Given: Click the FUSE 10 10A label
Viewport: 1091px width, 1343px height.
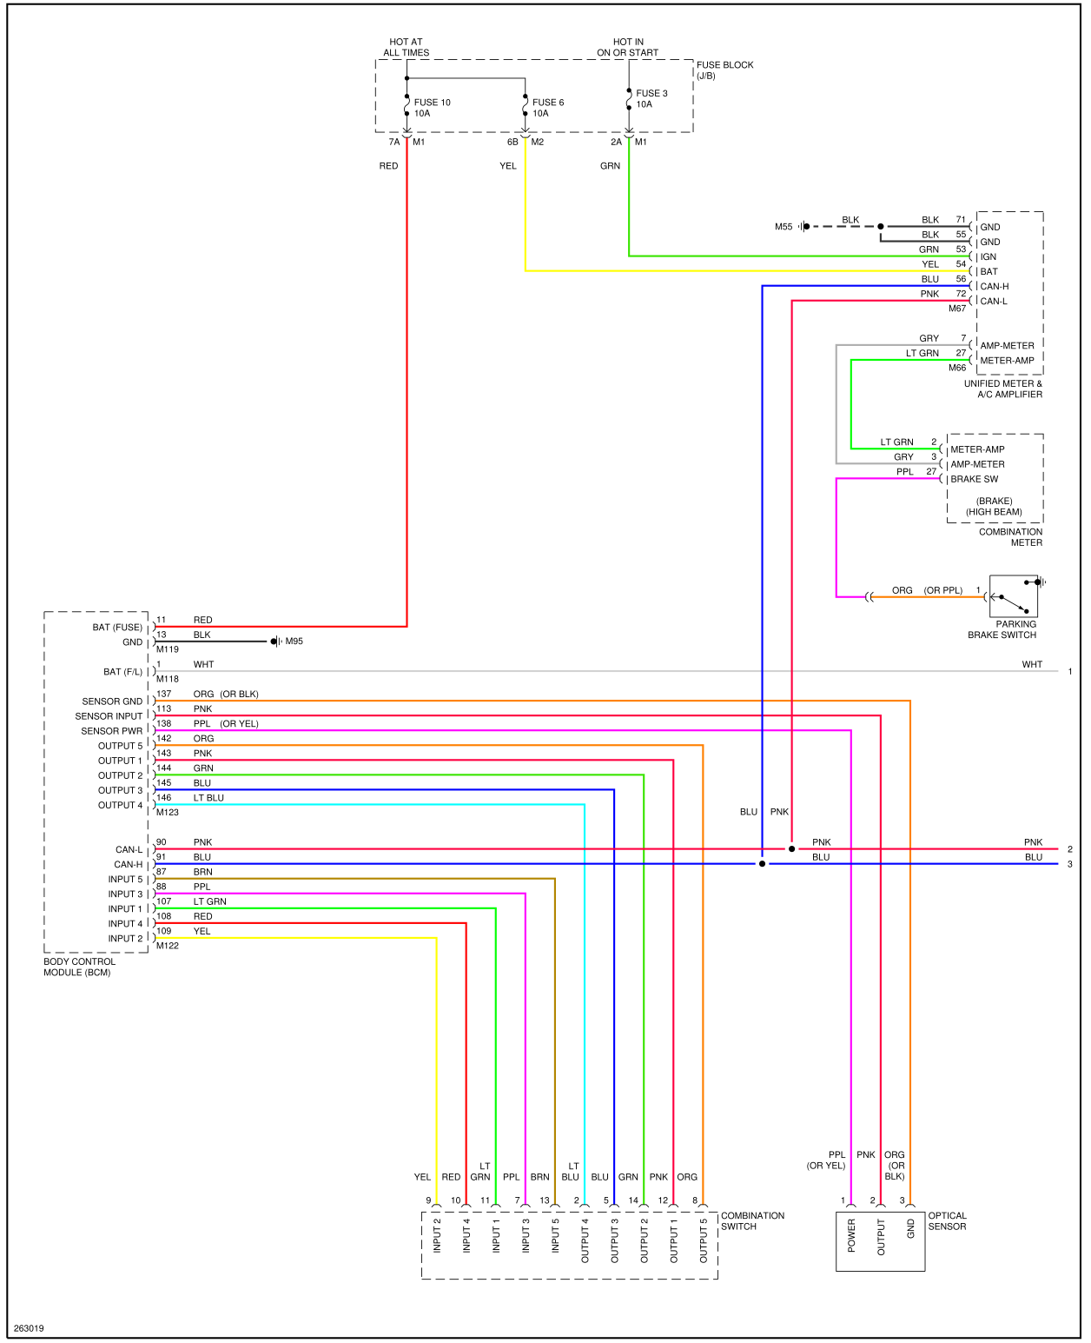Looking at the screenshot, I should pos(432,108).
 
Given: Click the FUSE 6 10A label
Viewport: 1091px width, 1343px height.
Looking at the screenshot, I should pos(547,108).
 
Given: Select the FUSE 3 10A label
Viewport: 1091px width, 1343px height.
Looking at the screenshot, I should pos(651,98).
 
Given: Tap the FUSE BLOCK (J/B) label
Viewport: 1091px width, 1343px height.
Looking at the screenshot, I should pos(724,70).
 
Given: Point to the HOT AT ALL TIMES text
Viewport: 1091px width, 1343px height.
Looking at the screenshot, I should pos(406,47).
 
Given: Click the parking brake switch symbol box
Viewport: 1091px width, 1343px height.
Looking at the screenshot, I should pos(1013,596).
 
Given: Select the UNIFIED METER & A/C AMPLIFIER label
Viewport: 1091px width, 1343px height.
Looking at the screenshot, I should pos(1002,389).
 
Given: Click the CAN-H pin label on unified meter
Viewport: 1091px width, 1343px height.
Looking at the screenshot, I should pos(994,286).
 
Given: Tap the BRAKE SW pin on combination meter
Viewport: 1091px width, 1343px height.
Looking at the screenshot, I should pos(974,479).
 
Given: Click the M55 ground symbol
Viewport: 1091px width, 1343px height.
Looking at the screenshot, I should pos(803,227).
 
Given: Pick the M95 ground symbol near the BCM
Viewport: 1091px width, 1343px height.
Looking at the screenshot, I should pos(275,642).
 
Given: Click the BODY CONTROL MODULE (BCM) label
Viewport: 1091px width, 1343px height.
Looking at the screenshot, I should pos(79,967).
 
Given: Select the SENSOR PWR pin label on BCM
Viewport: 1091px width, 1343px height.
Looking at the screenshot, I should pos(111,731).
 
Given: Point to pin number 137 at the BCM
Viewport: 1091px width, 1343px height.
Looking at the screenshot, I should pos(163,694).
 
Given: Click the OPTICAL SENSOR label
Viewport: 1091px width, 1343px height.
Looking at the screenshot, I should pos(947,1221).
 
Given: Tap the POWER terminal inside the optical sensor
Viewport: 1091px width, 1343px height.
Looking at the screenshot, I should pos(851,1235).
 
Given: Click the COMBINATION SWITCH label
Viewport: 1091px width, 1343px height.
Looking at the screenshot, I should pos(751,1221).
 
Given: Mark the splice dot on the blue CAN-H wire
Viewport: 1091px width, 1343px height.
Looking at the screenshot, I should pos(762,864).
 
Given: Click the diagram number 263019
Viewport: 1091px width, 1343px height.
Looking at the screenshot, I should pos(29,1328).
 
